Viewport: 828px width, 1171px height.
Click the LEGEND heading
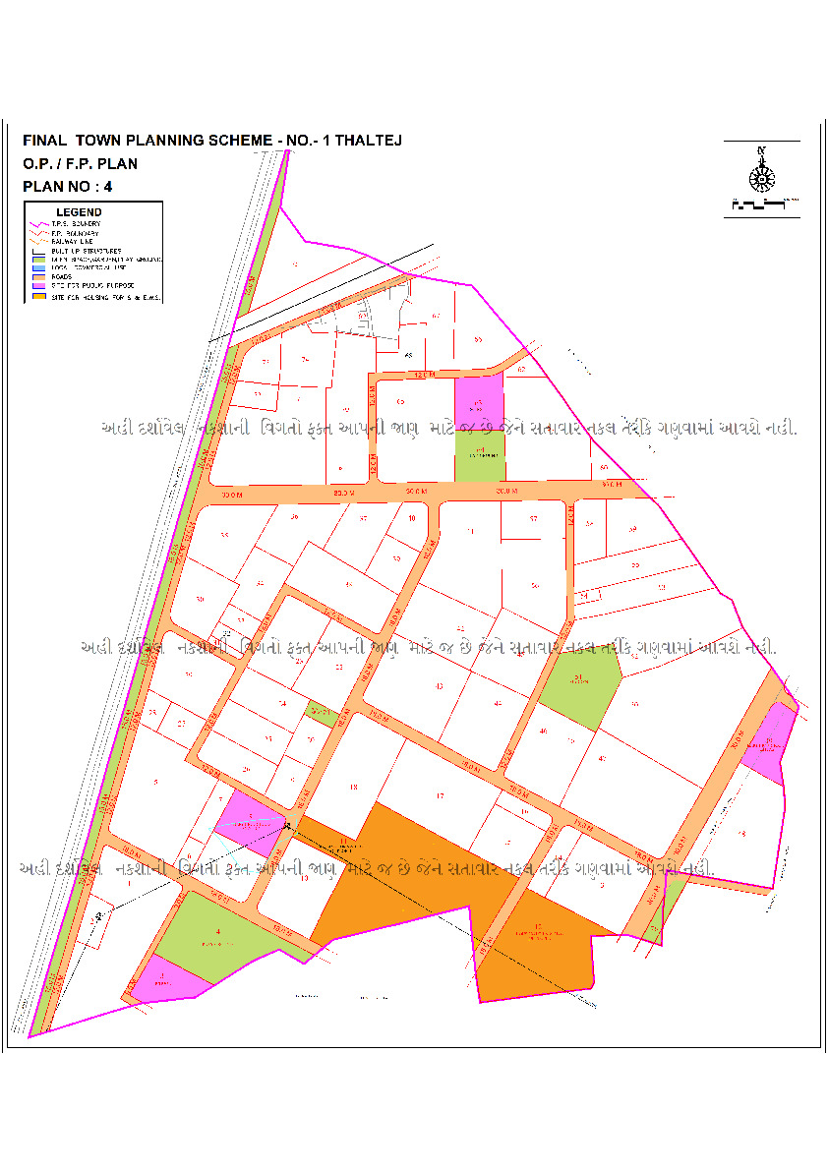pyautogui.click(x=79, y=212)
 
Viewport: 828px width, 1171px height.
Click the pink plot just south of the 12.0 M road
pyautogui.click(x=478, y=404)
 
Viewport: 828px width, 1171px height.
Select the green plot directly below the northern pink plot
pyautogui.click(x=479, y=455)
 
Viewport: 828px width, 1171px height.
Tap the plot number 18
pyautogui.click(x=352, y=788)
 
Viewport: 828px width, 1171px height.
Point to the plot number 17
pyautogui.click(x=441, y=795)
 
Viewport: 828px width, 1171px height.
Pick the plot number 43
pyautogui.click(x=439, y=685)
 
